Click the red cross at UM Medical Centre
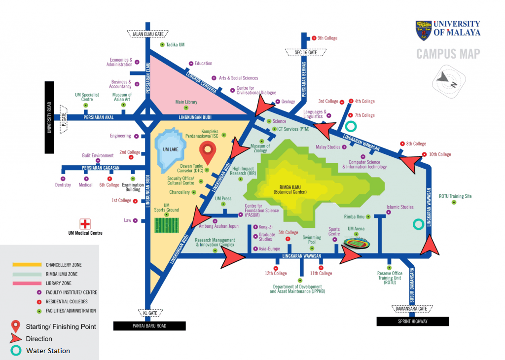tap(86, 223)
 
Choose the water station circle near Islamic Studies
tap(418, 224)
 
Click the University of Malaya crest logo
tap(424, 30)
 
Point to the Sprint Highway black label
tap(413, 322)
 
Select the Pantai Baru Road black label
tap(149, 325)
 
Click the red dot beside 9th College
tap(314, 38)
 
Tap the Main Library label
tap(186, 102)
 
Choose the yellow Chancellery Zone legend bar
tap(27, 265)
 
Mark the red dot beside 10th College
tap(424, 154)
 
